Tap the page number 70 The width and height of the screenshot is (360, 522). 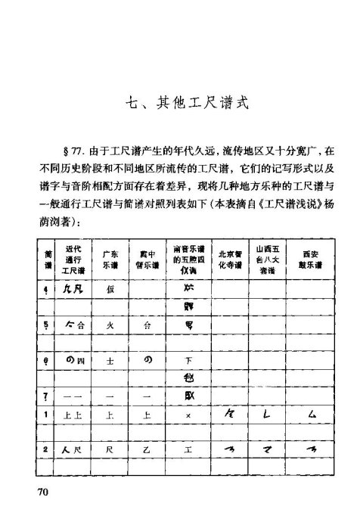(44, 492)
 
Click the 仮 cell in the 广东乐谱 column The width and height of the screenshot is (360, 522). (110, 290)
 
